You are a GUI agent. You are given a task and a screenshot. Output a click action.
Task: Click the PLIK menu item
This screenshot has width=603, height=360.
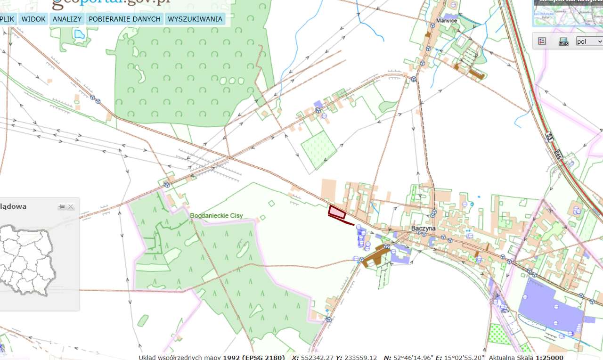pos(8,19)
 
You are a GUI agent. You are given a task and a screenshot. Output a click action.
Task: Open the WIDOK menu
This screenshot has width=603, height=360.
pos(33,19)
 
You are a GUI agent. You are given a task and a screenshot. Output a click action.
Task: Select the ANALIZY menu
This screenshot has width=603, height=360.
pos(67,19)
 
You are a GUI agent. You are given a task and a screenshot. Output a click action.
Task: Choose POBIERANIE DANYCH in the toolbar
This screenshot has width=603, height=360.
pos(125,19)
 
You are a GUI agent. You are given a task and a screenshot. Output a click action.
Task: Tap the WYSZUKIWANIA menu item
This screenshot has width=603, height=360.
pos(195,19)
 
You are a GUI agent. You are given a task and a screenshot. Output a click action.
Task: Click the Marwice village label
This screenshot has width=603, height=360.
pos(447,21)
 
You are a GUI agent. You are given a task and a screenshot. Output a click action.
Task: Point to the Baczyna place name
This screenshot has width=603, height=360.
pos(423,228)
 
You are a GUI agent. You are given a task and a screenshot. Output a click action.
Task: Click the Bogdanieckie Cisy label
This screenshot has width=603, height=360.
pos(216,216)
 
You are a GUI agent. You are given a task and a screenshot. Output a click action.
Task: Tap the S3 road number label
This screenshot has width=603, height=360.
pos(549,137)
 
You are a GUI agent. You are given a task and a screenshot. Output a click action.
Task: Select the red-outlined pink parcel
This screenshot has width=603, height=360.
pos(337,213)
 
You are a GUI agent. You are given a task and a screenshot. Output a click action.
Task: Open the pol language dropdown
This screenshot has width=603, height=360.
pos(589,41)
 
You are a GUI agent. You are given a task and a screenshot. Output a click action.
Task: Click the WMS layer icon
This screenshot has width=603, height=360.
pos(563,41)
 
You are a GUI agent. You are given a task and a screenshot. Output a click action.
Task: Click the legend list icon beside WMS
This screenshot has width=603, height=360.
pos(542,41)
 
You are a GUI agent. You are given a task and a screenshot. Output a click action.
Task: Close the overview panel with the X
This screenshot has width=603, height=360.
pos(71,206)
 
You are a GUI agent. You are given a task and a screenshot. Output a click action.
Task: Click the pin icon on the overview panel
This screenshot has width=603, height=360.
pos(62,206)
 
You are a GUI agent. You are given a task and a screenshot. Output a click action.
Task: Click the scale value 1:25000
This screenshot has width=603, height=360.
pos(549,358)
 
